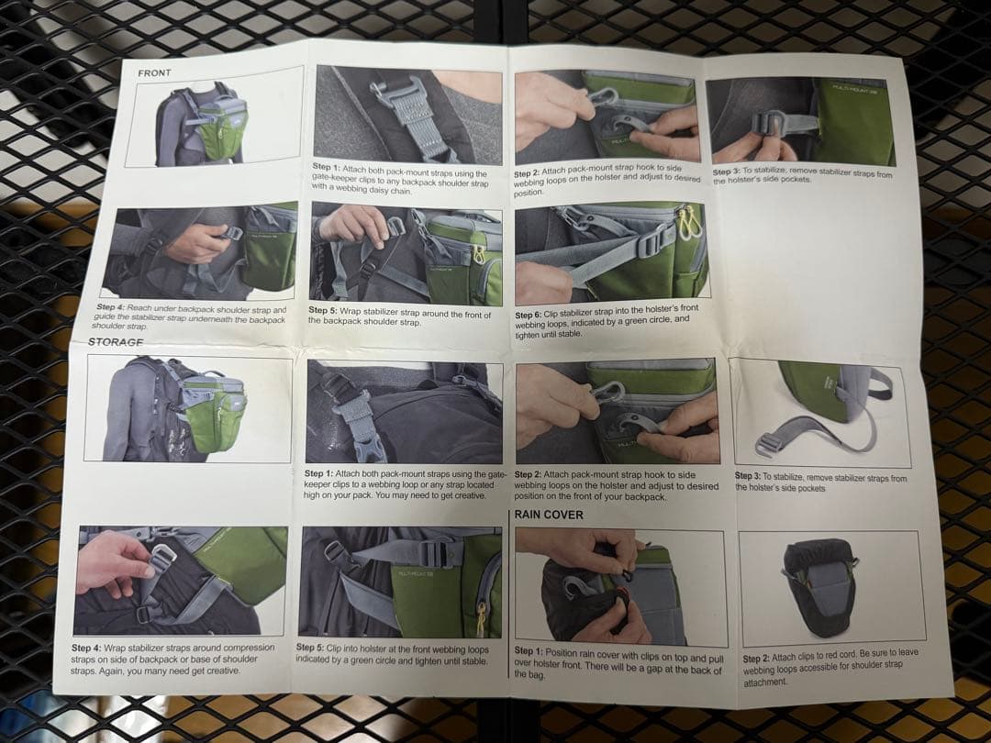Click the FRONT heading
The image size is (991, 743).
(154, 72)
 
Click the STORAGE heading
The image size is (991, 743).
(116, 342)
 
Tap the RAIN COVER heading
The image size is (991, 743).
(549, 515)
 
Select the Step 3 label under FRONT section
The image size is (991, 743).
(726, 172)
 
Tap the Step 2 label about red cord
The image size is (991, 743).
(756, 659)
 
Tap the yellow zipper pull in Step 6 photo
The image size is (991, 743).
(689, 219)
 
